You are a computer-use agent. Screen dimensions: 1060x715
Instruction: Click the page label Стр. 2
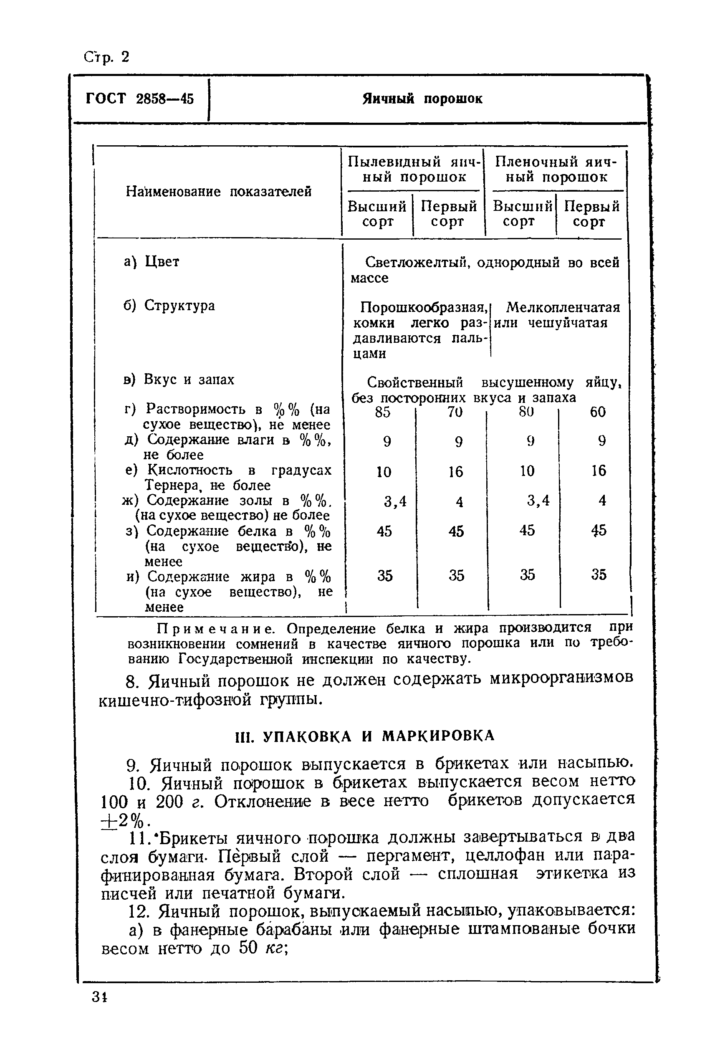click(x=106, y=57)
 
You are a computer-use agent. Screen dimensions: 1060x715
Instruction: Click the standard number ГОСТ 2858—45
click(x=139, y=99)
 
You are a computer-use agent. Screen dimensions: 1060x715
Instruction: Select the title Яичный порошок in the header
click(x=422, y=99)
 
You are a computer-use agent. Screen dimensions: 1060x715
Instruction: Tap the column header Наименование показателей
click(x=218, y=192)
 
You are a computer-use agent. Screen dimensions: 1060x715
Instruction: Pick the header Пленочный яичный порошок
click(x=556, y=169)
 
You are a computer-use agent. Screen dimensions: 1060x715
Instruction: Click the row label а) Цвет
click(x=152, y=262)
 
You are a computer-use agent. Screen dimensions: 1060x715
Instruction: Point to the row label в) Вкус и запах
click(x=179, y=379)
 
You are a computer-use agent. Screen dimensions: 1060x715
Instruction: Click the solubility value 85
click(x=383, y=412)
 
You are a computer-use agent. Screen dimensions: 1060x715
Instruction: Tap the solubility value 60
click(x=597, y=412)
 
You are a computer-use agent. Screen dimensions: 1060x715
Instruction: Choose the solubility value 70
click(x=455, y=412)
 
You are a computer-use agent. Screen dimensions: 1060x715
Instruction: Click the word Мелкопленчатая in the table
click(x=563, y=307)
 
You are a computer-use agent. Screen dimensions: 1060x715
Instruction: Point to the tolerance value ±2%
click(x=124, y=821)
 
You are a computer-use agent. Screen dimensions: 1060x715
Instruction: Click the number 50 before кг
click(x=248, y=948)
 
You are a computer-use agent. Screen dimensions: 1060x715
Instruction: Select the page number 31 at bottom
click(x=99, y=997)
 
